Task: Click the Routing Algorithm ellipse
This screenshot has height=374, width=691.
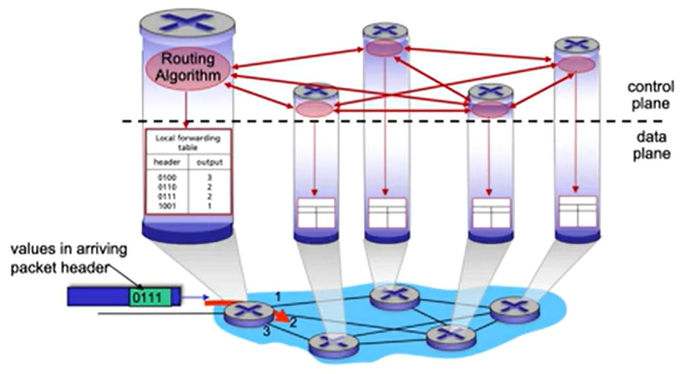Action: [187, 68]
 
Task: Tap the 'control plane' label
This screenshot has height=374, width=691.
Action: [650, 95]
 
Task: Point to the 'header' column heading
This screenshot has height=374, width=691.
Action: [167, 162]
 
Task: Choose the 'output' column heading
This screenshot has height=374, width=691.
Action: [210, 162]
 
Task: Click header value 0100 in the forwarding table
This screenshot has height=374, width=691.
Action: [167, 178]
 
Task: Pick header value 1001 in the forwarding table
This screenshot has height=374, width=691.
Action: [167, 206]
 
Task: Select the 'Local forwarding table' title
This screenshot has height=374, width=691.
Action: [188, 143]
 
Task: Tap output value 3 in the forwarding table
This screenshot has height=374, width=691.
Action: [210, 178]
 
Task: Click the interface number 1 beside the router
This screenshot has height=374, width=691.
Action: [278, 297]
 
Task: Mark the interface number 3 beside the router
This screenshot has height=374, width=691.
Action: [267, 331]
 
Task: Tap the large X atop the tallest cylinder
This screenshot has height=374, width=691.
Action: [187, 22]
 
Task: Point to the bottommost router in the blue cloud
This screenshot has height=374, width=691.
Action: [334, 346]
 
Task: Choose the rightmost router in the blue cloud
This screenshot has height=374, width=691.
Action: [515, 310]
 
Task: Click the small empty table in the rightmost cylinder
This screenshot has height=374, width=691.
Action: [578, 212]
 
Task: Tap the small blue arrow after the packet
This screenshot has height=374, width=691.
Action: [195, 297]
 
